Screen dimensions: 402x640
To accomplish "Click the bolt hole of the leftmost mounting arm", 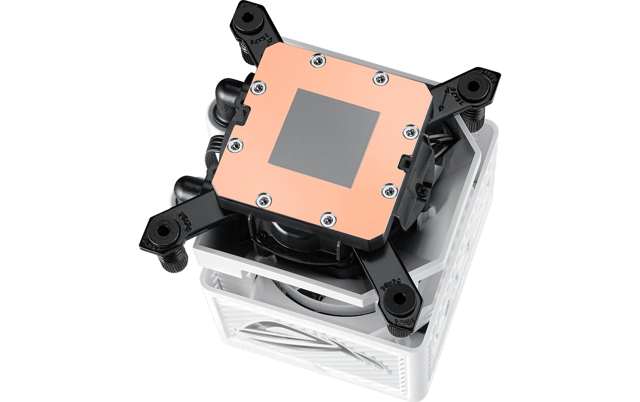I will tap(162, 231).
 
